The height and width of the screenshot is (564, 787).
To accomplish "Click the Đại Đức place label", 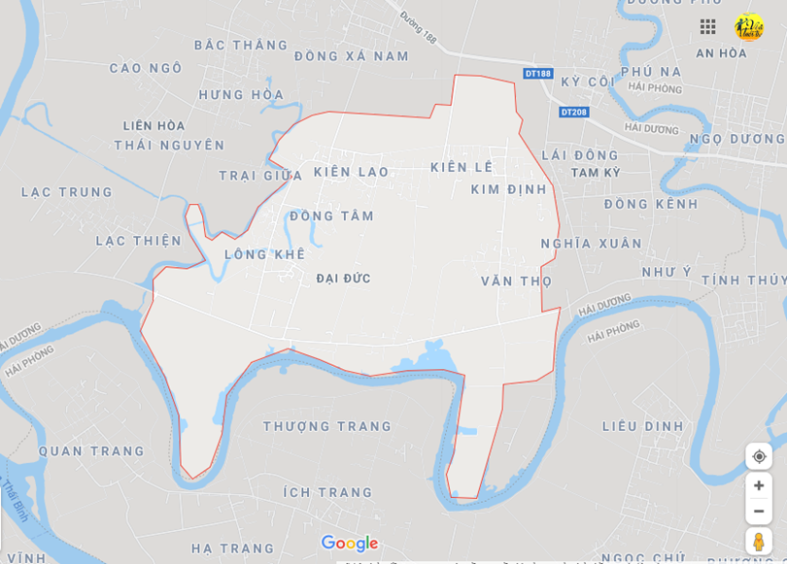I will pyautogui.click(x=344, y=279).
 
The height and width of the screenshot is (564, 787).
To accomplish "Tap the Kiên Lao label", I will pyautogui.click(x=351, y=172).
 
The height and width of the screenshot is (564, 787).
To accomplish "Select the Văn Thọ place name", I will pyautogui.click(x=516, y=282).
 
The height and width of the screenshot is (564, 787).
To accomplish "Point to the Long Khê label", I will pyautogui.click(x=264, y=254).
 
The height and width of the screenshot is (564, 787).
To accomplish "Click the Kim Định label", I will pyautogui.click(x=509, y=189).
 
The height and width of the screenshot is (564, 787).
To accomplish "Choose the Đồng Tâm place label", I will pyautogui.click(x=331, y=216).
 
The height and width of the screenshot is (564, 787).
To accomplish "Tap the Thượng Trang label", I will pyautogui.click(x=327, y=426).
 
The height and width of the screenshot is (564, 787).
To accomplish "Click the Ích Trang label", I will pyautogui.click(x=327, y=492).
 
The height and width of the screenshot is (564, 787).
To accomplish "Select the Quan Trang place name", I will pyautogui.click(x=91, y=451).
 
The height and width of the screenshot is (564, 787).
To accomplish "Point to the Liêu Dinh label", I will pyautogui.click(x=642, y=426).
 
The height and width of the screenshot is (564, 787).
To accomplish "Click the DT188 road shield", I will pyautogui.click(x=537, y=74).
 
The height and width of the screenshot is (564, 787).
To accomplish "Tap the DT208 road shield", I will pyautogui.click(x=574, y=113).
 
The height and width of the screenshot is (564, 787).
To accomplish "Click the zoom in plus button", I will pyautogui.click(x=759, y=485).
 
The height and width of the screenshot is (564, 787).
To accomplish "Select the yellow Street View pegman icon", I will pyautogui.click(x=759, y=542).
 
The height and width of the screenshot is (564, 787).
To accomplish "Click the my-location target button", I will pyautogui.click(x=759, y=456).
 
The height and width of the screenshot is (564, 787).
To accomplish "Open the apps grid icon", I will pyautogui.click(x=708, y=27).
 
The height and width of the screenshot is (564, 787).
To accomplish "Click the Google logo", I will pyautogui.click(x=349, y=544).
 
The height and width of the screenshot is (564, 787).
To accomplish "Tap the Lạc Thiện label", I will pyautogui.click(x=138, y=241).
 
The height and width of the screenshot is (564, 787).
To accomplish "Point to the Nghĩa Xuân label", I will pyautogui.click(x=592, y=244).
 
